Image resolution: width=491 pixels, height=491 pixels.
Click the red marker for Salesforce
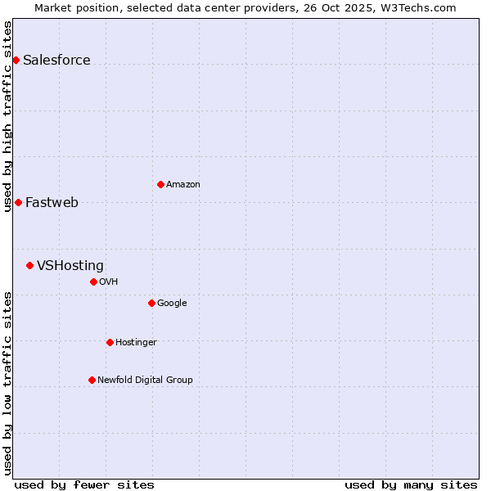pos(16,60)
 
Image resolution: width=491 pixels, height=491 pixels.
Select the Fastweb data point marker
pos(18,202)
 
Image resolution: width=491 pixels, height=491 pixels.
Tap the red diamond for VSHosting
pos(29,265)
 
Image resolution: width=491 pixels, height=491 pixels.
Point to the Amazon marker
pos(160,184)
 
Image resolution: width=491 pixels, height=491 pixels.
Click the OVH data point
pos(93,282)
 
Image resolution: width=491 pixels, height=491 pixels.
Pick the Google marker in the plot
pos(151,303)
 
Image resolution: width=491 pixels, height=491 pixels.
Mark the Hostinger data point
pos(110,342)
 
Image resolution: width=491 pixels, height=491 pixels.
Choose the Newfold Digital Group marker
pos(92,380)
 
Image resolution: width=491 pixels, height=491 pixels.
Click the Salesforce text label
pos(56,60)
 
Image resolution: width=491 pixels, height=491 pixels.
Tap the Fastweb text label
pos(52,202)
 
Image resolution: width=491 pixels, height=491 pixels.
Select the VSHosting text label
pos(70,265)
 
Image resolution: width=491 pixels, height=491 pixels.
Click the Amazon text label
pos(183,184)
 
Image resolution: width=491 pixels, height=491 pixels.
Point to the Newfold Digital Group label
pos(145,380)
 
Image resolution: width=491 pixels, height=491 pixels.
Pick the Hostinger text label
pos(136,342)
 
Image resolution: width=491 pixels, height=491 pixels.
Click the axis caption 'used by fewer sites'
pos(84,484)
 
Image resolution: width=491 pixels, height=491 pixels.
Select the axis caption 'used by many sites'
pos(411,484)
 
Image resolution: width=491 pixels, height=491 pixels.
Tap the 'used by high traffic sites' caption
pos(7,115)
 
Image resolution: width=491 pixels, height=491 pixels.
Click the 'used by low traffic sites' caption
pos(7,382)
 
